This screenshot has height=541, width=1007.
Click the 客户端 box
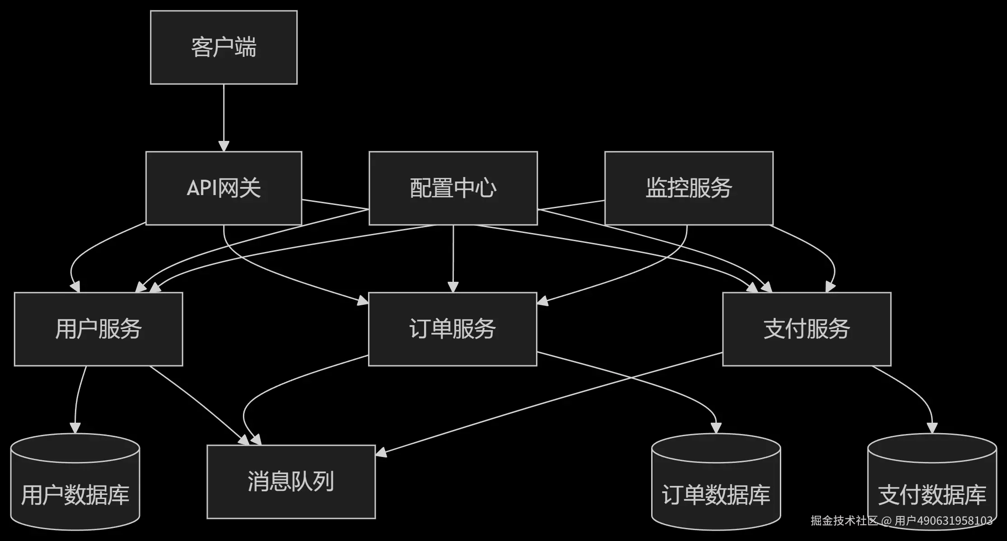click(x=224, y=47)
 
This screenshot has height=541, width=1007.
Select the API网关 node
click(x=224, y=188)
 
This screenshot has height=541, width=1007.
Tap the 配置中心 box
click(x=453, y=188)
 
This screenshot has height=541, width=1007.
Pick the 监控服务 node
click(x=689, y=188)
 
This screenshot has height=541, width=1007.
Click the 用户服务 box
click(x=98, y=329)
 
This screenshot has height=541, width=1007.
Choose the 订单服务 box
click(x=452, y=329)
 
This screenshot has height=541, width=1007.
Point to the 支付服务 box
click(x=807, y=329)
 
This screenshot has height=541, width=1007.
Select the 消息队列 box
click(x=291, y=482)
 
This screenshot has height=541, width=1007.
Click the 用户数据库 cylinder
click(x=75, y=482)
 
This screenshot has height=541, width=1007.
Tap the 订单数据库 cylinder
click(x=716, y=482)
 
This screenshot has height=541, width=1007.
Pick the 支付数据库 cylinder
click(x=932, y=482)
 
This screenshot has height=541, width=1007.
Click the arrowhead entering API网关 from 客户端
click(x=224, y=146)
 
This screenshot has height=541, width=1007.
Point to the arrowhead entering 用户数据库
click(x=75, y=428)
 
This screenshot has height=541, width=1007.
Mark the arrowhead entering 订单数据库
click(x=716, y=428)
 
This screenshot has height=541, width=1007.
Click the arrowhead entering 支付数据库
click(x=932, y=428)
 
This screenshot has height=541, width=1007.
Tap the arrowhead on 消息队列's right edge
click(x=381, y=452)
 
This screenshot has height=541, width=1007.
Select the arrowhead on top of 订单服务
click(x=453, y=287)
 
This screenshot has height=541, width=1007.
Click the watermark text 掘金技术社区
click(x=844, y=521)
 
